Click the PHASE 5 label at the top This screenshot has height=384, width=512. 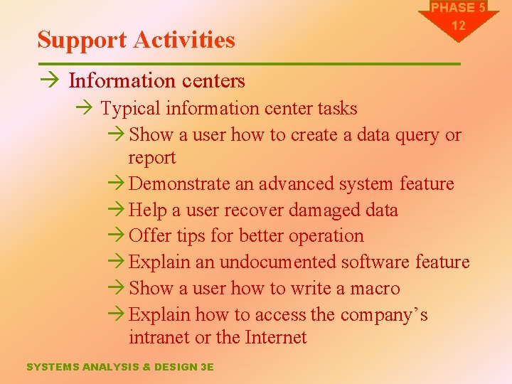pos(459,8)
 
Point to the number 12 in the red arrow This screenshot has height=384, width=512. pos(459,26)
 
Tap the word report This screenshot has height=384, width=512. pos(151,157)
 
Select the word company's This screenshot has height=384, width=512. pos(383,314)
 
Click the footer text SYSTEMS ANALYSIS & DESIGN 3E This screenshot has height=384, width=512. pos(119,367)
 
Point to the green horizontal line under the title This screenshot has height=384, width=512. pos(249,64)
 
